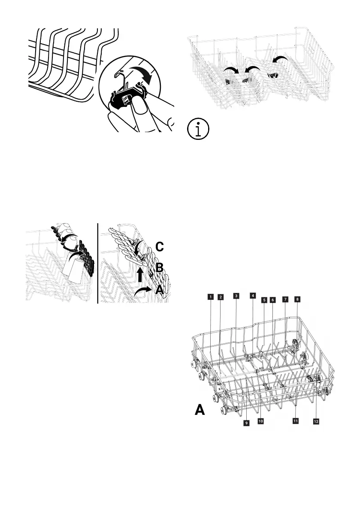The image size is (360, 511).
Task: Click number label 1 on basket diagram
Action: click(x=210, y=296)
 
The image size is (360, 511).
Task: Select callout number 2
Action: click(x=220, y=297)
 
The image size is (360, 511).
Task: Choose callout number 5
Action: click(x=264, y=299)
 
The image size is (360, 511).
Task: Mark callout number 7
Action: click(x=284, y=299)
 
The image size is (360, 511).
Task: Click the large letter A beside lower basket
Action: click(x=200, y=411)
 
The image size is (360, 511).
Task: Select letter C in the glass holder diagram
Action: click(x=159, y=247)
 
